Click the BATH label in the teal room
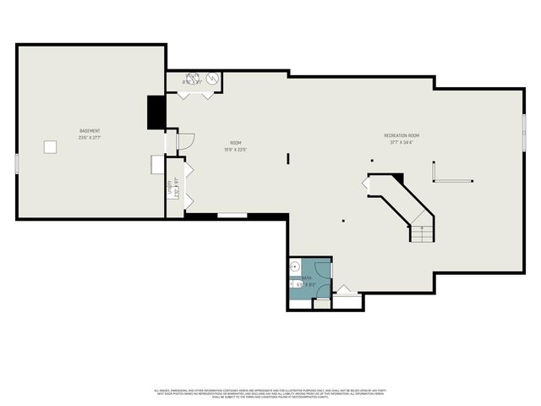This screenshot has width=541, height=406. pyautogui.click(x=305, y=277)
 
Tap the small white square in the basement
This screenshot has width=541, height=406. pyautogui.click(x=52, y=147)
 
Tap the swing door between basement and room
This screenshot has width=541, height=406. pyautogui.click(x=185, y=140)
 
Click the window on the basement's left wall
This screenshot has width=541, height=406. pyautogui.click(x=16, y=163)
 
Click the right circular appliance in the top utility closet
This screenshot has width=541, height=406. pyautogui.click(x=213, y=80)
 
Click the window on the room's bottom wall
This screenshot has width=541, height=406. pyautogui.click(x=232, y=217)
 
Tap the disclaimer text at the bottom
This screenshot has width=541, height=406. pyautogui.click(x=270, y=392)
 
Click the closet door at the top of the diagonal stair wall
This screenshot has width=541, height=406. pyautogui.click(x=367, y=182)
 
